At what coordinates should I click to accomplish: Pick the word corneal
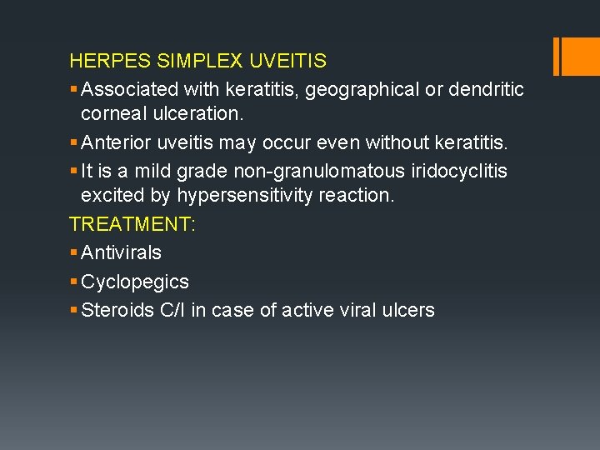click(112, 113)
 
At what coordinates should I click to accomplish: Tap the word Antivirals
click(122, 252)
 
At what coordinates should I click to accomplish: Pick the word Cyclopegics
click(135, 282)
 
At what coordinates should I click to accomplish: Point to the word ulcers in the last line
click(407, 310)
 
